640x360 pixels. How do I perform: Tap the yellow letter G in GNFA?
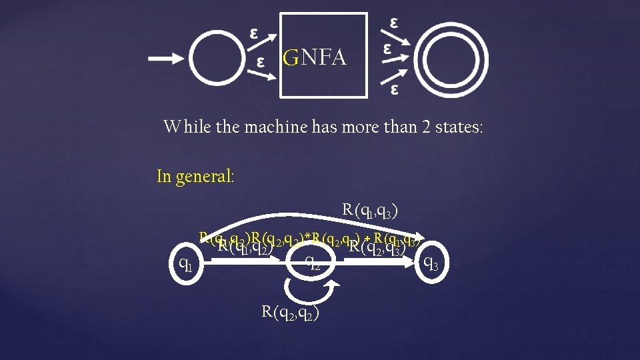290,59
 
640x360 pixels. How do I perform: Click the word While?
188,126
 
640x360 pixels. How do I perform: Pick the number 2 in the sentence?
426,126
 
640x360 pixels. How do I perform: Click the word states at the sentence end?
461,126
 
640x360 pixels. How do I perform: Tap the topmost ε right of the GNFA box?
395,22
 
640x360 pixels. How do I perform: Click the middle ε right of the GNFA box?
387,49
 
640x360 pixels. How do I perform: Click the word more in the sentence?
359,126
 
